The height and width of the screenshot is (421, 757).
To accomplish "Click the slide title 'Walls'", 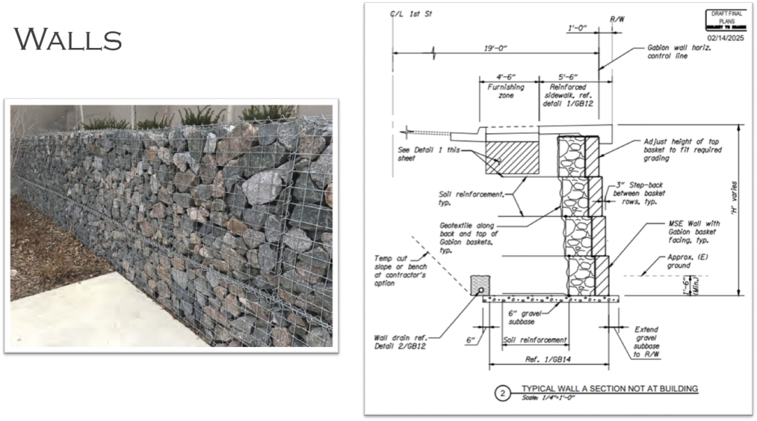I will coord(67,38).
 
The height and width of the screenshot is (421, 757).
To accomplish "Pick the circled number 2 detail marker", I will coord(502,393).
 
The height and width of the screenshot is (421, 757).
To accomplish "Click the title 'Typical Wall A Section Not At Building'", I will coord(609,388).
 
